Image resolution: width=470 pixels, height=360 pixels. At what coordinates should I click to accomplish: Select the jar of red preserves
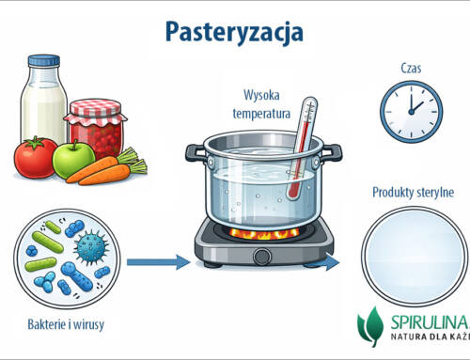click(x=93, y=127)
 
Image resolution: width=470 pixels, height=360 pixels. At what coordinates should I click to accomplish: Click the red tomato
click(x=36, y=159)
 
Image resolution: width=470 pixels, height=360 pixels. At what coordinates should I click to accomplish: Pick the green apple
click(x=73, y=160)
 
